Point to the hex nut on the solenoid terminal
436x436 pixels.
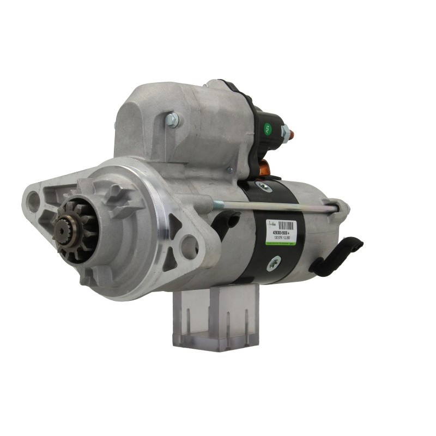click(x=284, y=131)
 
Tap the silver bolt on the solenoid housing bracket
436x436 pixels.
click(x=172, y=120)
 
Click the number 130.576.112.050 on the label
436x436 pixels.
click(x=282, y=238)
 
